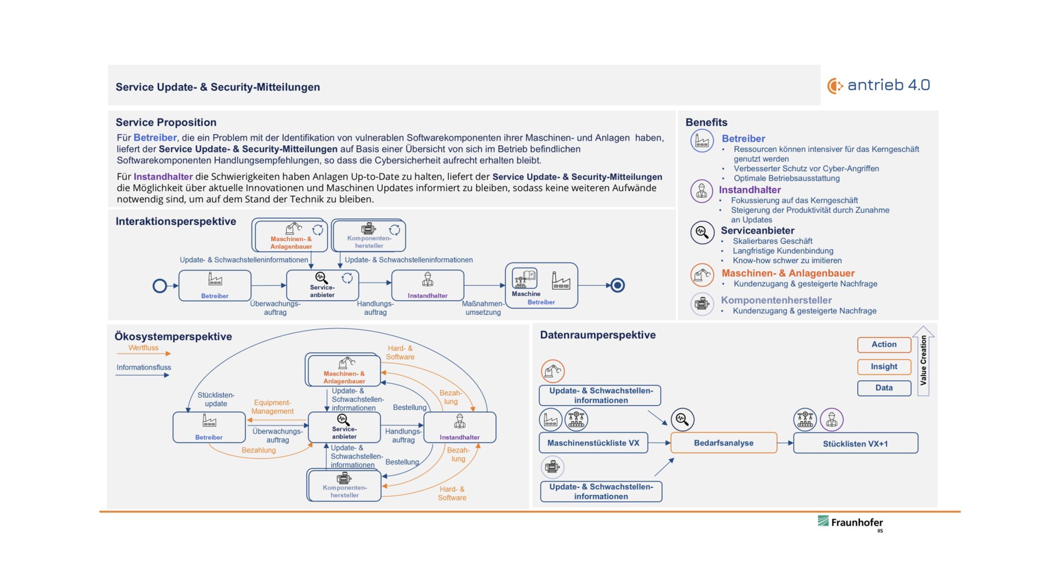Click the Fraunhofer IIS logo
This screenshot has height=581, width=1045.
coord(851,522)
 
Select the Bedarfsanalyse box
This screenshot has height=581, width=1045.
coord(723,443)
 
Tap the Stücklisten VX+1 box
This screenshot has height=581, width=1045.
coord(855,443)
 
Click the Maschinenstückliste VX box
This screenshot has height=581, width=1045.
coord(593,443)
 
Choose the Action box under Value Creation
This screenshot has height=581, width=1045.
coord(884,345)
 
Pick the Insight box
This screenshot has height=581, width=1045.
coord(884,366)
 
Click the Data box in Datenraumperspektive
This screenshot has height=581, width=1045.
coord(884,388)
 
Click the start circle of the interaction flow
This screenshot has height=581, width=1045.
coord(160,286)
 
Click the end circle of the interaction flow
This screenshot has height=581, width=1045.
coord(617,285)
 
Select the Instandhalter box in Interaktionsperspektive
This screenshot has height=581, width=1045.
coord(428,285)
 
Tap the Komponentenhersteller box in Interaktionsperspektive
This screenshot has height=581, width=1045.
coord(369,235)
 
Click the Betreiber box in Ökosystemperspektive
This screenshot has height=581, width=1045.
coord(209,427)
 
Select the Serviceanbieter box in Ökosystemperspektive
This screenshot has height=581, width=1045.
coord(344,427)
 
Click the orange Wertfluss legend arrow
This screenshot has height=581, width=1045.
coord(143,354)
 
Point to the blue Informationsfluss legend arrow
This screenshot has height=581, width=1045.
coord(142,375)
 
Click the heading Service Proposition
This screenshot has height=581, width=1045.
coord(166,122)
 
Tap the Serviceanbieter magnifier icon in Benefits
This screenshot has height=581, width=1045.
coord(702,232)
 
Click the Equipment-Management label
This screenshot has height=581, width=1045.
coord(272,407)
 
